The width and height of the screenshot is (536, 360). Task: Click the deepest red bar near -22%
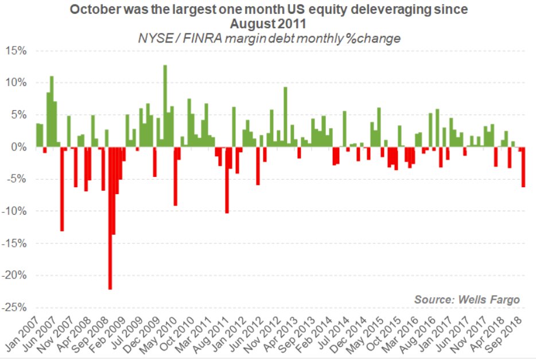pyautogui.click(x=110, y=218)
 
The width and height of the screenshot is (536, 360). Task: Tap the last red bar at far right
pyautogui.click(x=523, y=167)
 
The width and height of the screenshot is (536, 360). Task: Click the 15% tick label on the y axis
pyautogui.click(x=15, y=51)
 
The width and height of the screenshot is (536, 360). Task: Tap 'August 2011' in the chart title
pyautogui.click(x=268, y=24)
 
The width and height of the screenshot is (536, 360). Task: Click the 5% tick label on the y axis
pyautogui.click(x=18, y=115)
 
